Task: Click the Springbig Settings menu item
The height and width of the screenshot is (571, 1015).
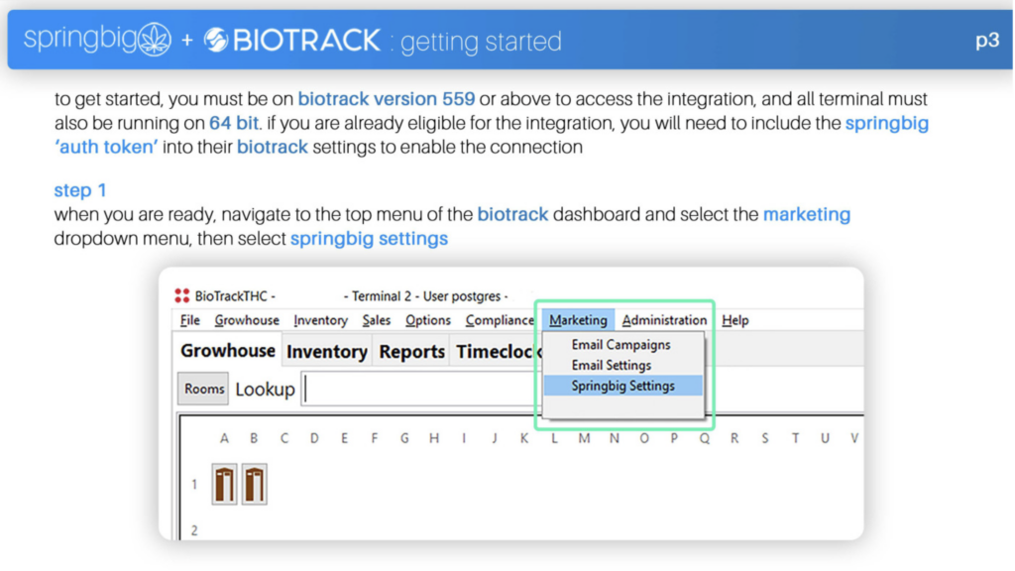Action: (x=622, y=386)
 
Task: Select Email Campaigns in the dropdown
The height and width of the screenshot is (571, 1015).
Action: (x=620, y=345)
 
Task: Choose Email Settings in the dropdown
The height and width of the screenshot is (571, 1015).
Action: (x=611, y=366)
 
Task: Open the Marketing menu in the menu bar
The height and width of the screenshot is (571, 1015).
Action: (x=578, y=320)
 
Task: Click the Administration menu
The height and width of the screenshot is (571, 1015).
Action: (x=664, y=320)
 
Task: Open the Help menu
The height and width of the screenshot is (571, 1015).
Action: (x=735, y=320)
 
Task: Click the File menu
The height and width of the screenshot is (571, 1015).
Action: (x=189, y=320)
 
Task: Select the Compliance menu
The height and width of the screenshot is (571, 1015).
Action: (x=500, y=320)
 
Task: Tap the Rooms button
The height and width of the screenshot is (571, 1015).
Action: (x=203, y=389)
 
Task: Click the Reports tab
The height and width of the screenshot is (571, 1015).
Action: (x=411, y=352)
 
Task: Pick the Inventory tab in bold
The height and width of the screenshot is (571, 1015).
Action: (x=327, y=352)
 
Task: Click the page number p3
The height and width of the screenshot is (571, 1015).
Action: (x=987, y=41)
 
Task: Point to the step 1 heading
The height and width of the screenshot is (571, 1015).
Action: (x=80, y=190)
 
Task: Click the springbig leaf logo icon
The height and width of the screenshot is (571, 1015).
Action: (x=155, y=40)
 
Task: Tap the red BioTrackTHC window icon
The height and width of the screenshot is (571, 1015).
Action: (x=182, y=295)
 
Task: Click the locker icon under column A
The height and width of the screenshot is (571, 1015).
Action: (x=224, y=484)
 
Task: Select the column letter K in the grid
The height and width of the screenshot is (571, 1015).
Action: (x=523, y=439)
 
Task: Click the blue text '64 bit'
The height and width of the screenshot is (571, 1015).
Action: (x=234, y=123)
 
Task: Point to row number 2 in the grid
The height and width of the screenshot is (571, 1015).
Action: (x=194, y=531)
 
